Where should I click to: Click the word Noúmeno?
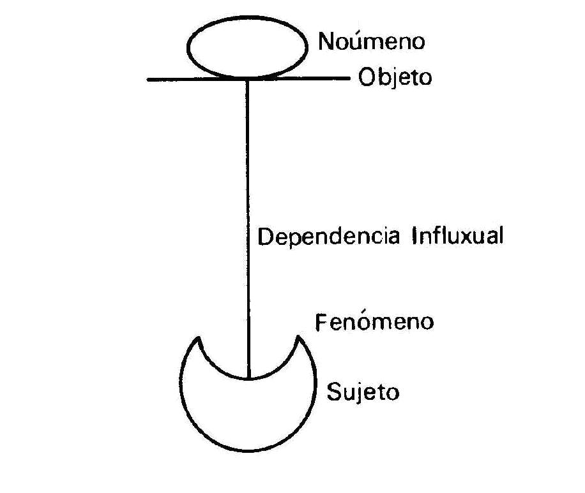pyautogui.click(x=371, y=42)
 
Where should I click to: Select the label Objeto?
pyautogui.click(x=394, y=78)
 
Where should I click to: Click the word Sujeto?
pyautogui.click(x=362, y=391)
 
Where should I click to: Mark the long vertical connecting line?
pyautogui.click(x=248, y=223)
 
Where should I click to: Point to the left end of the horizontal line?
pyautogui.click(x=148, y=80)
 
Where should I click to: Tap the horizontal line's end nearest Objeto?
pyautogui.click(x=349, y=79)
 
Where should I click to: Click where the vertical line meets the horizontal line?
pyautogui.click(x=248, y=80)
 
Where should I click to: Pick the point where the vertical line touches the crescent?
pyautogui.click(x=248, y=378)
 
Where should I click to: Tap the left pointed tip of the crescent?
pyautogui.click(x=199, y=338)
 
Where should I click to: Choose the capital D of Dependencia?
pyautogui.click(x=264, y=237)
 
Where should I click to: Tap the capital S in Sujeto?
pyautogui.click(x=333, y=390)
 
